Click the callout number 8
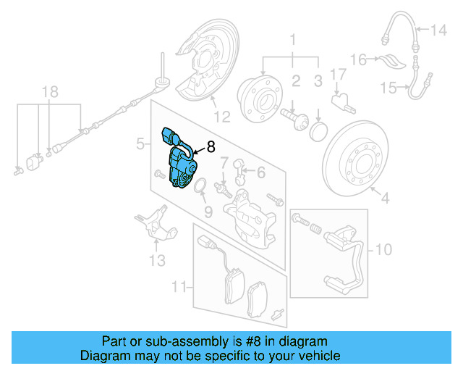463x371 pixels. pos(211,146)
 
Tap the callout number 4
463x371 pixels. pos(384,197)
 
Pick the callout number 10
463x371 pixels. pos(383,250)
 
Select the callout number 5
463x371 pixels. pos(140,145)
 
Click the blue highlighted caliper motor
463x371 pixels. pos(179,162)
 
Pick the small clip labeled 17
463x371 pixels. pos(340,97)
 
